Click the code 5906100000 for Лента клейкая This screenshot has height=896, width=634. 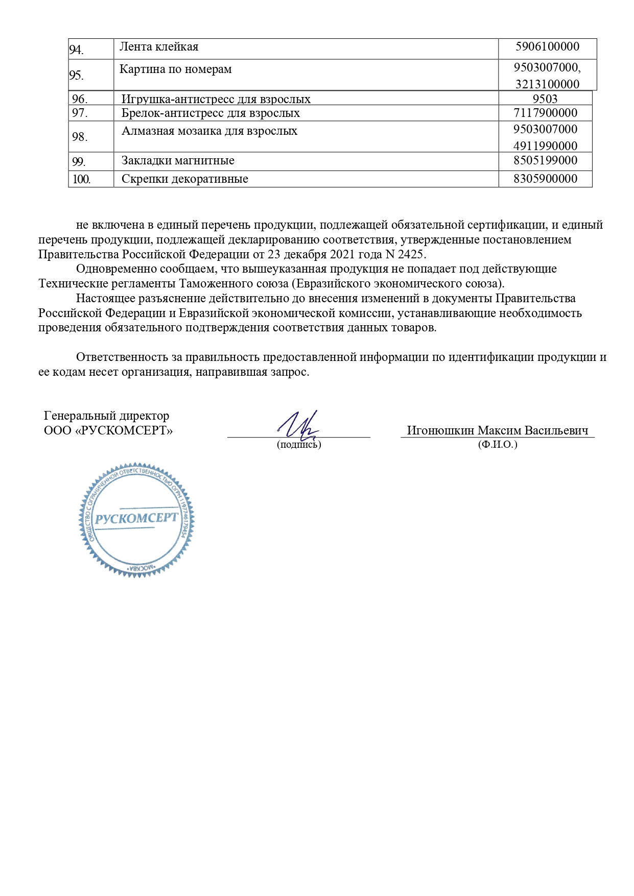coord(547,47)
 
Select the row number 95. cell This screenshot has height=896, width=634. coord(76,76)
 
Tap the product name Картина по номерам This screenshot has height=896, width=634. coord(175,69)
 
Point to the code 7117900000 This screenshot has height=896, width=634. coord(545,113)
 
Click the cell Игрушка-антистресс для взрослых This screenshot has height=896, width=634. coord(216,99)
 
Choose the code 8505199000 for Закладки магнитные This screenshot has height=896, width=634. coord(545,160)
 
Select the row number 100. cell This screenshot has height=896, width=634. coord(81,179)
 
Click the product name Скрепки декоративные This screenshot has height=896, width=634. coord(184,179)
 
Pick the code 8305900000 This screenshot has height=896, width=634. coord(545,179)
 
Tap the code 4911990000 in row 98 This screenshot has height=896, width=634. coord(545,146)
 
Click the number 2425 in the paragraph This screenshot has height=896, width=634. coord(411,254)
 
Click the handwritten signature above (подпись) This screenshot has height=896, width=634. coord(299,425)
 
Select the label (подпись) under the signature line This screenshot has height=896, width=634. coord(299,445)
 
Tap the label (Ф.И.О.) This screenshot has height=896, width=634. coord(498,445)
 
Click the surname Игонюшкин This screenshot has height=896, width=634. coord(440,430)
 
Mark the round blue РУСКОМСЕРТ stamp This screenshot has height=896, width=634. coord(136,520)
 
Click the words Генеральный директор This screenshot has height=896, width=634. coord(106,416)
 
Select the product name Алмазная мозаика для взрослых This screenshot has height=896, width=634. coord(209,131)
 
